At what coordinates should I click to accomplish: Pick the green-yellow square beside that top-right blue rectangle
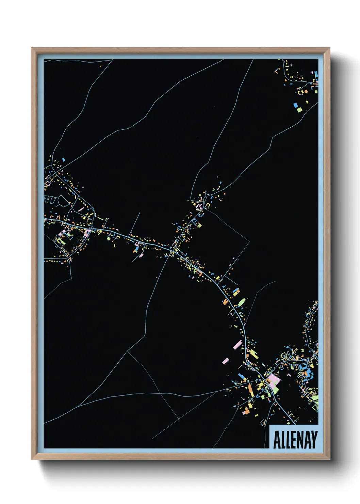coord(299,110)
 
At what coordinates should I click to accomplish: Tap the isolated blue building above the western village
coord(63,159)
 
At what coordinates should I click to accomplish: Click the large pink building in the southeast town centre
coord(273,380)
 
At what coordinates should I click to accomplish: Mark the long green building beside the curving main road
coord(242,302)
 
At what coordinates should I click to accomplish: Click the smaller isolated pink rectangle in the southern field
coord(225,360)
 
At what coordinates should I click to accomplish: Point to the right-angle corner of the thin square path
coord(249,241)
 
